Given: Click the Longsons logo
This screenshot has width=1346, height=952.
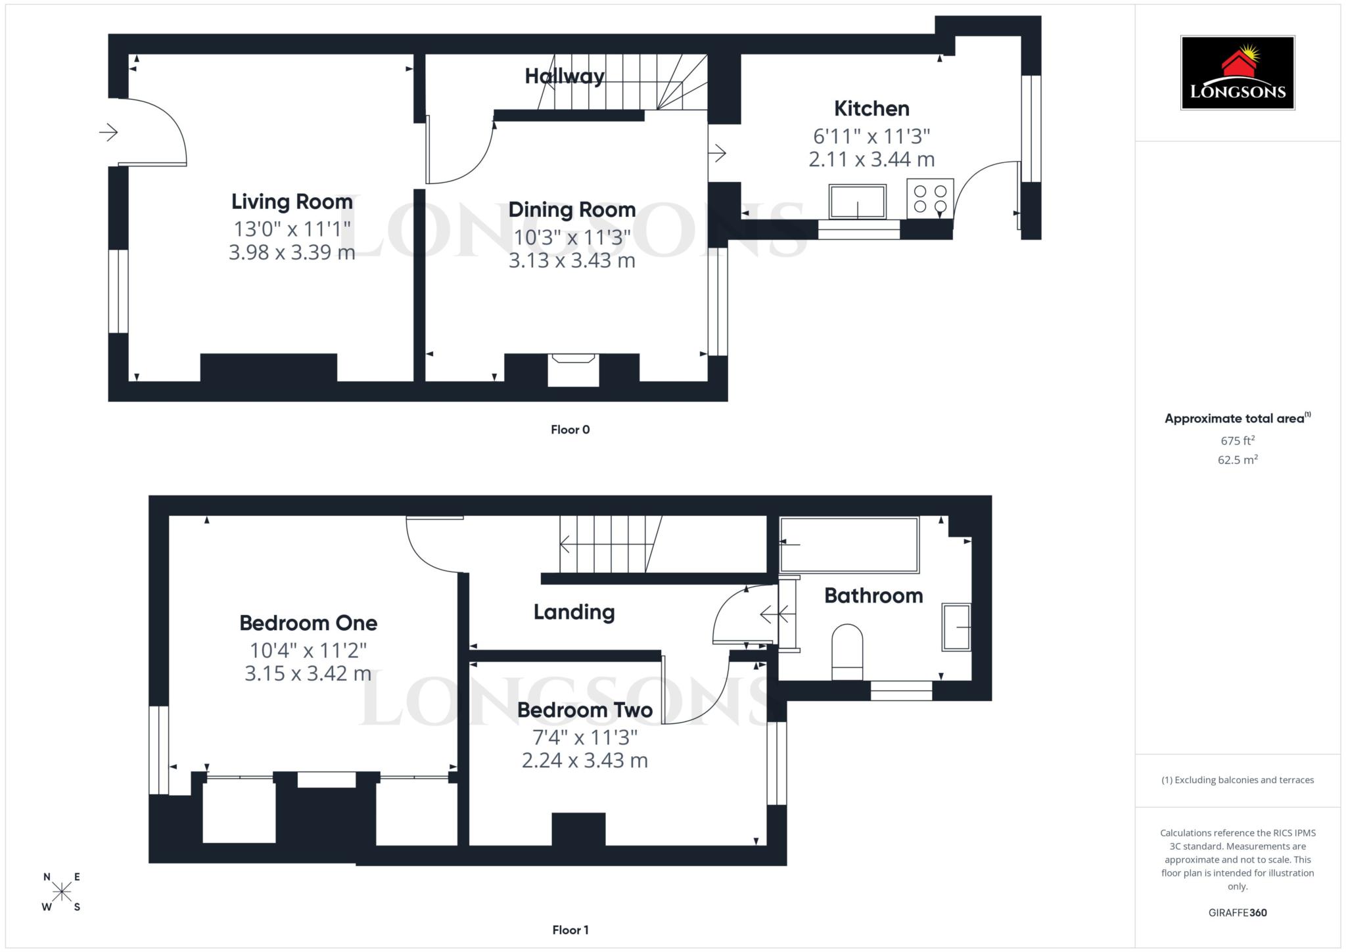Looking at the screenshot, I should coord(1237,72).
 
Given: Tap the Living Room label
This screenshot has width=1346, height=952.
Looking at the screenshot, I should coord(292,202).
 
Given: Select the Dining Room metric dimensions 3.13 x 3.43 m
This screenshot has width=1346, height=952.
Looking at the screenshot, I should coord(571,261).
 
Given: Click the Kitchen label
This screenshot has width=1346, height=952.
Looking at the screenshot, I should coord(871,108).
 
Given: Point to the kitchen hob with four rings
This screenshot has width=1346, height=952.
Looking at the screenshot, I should coord(930,198).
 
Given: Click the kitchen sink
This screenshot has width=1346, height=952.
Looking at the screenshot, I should coord(857,202).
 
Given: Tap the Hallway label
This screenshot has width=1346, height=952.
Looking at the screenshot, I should coord(564,76).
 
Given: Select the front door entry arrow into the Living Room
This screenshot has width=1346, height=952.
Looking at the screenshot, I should coord(108,133).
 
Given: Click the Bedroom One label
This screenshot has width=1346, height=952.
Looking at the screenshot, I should coord(308,623).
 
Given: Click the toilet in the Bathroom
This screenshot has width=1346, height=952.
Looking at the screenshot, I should coord(847,650).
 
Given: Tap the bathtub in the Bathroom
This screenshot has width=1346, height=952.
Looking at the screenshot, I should coord(848,545).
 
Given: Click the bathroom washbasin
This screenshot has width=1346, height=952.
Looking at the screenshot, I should coord(956,627).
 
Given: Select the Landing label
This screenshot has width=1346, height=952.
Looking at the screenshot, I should coord(574,612).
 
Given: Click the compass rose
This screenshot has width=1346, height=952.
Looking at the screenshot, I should coord(62,892).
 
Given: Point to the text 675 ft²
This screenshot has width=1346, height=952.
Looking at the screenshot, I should coord(1238,440).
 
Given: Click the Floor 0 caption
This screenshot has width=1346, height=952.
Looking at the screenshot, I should coord(570,430).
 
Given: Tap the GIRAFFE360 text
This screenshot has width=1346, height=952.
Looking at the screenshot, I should coord(1237,913).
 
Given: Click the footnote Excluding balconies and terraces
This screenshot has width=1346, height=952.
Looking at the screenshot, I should coord(1238,780).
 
